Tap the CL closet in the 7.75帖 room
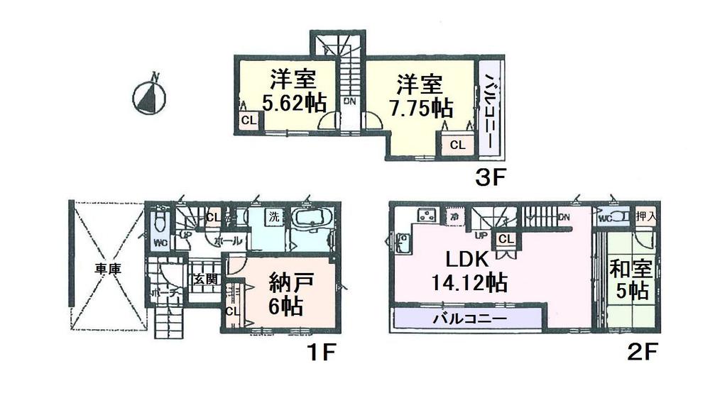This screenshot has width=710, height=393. point(457,145)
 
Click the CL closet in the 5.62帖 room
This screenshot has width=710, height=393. point(248,121)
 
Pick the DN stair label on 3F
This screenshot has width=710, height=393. point(349,102)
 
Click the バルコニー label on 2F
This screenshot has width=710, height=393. point(470,319)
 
